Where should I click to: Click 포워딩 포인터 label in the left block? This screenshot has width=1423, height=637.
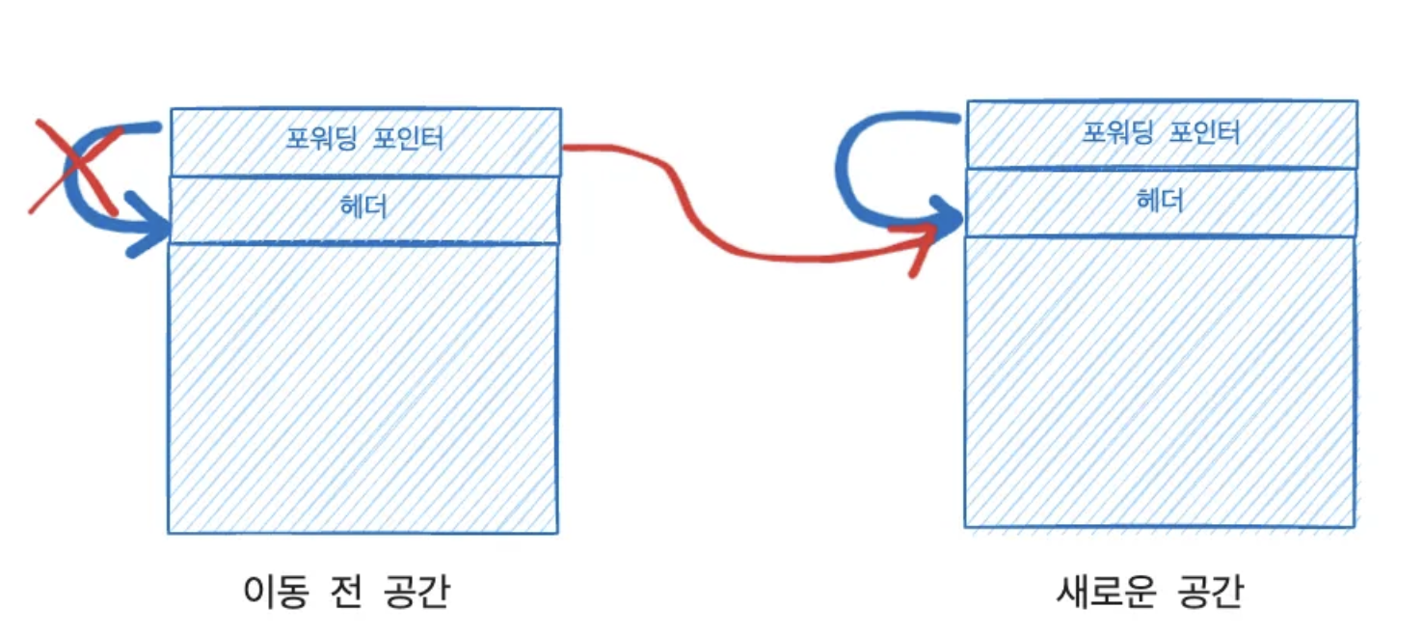(x=365, y=139)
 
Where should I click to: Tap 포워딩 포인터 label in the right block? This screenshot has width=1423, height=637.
(x=1161, y=132)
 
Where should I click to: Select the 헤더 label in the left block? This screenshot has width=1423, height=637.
(x=364, y=207)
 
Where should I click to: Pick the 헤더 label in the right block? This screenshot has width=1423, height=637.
(x=1160, y=201)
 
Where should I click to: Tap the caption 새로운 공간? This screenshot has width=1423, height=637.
(x=1149, y=593)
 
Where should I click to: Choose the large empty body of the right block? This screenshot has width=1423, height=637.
(x=1160, y=381)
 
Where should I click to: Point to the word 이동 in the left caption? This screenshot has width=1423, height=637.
(x=274, y=593)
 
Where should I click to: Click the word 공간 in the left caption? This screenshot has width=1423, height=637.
(x=420, y=593)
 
